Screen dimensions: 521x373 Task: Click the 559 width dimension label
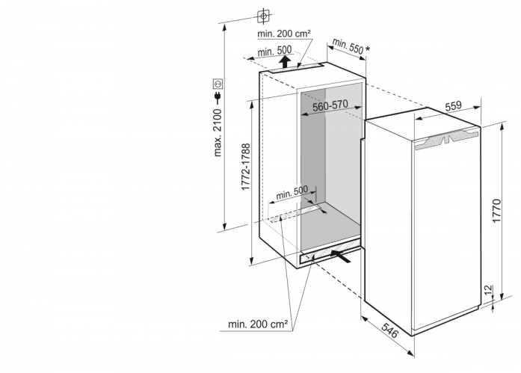pyautogui.click(x=453, y=105)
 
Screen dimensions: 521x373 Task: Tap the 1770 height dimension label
pyautogui.click(x=496, y=211)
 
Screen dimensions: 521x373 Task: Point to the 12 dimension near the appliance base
pyautogui.click(x=488, y=290)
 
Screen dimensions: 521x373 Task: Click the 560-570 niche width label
pyautogui.click(x=330, y=105)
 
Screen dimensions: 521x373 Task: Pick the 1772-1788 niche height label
pyautogui.click(x=245, y=167)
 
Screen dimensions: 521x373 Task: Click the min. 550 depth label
pyautogui.click(x=348, y=46)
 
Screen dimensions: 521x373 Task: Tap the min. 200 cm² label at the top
pyautogui.click(x=284, y=34)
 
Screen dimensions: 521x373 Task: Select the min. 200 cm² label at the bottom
pyautogui.click(x=258, y=324)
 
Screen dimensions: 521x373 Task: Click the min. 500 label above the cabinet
pyautogui.click(x=274, y=51)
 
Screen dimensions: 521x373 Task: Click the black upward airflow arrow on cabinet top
pyautogui.click(x=285, y=62)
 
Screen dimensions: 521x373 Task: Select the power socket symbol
pyautogui.click(x=218, y=84)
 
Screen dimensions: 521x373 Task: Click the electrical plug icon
pyautogui.click(x=218, y=97)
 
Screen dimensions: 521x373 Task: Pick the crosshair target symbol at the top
pyautogui.click(x=263, y=16)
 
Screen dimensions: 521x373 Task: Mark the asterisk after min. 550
pyautogui.click(x=367, y=49)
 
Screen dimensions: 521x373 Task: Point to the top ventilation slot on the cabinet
pyautogui.click(x=296, y=68)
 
